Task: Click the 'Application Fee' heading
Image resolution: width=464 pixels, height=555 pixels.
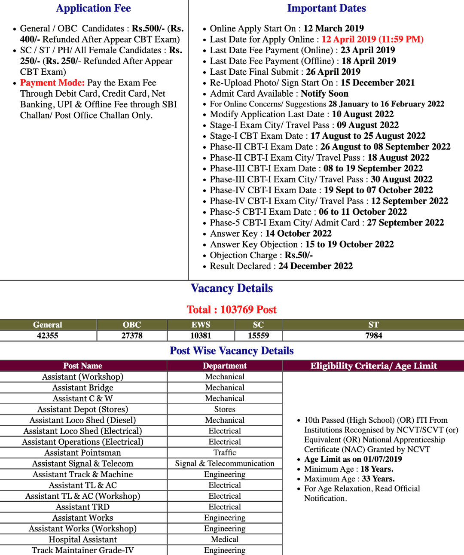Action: click(93, 8)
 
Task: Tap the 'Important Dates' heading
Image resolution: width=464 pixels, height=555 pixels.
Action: click(327, 8)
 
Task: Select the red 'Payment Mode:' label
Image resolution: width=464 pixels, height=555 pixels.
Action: click(52, 83)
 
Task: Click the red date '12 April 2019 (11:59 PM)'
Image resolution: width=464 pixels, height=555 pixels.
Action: click(372, 40)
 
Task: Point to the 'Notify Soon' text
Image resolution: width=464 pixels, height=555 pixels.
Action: click(324, 94)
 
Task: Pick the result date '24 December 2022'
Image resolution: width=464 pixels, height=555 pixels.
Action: click(315, 266)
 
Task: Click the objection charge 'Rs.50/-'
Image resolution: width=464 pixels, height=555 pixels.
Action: click(299, 255)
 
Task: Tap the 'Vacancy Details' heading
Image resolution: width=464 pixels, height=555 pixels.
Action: click(232, 288)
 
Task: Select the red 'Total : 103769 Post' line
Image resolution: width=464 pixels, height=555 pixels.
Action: click(232, 310)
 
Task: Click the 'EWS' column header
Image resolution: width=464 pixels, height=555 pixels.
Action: click(201, 325)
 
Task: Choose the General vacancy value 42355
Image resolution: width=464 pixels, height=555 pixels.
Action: click(48, 335)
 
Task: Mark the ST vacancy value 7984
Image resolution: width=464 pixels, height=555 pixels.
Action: click(373, 335)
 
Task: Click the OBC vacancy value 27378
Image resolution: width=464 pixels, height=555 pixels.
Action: click(132, 335)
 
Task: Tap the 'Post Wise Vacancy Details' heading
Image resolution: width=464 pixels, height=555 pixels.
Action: click(232, 351)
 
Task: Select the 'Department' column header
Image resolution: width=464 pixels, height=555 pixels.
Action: click(225, 366)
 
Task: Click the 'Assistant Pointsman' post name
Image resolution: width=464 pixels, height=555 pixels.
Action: click(83, 453)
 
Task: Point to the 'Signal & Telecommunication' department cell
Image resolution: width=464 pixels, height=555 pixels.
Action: click(225, 464)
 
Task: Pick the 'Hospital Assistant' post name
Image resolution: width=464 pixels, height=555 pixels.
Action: click(83, 540)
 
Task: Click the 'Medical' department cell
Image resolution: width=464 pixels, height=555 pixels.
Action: click(225, 540)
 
